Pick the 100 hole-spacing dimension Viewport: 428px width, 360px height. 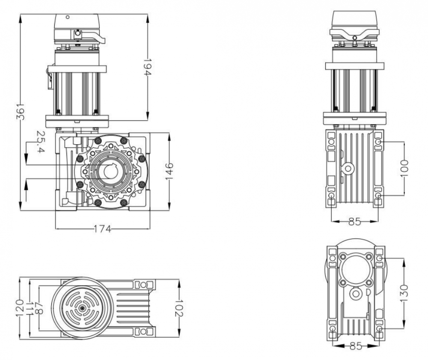(404, 168)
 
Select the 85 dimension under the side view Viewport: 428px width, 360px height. (354, 222)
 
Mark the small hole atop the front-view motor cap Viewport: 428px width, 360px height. (67, 17)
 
